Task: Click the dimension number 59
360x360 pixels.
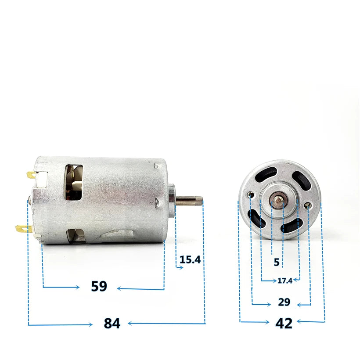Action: pyautogui.click(x=99, y=286)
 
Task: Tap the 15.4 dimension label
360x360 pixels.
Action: pyautogui.click(x=190, y=259)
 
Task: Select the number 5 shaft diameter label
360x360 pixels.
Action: pyautogui.click(x=276, y=263)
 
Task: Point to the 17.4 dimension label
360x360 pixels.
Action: pyautogui.click(x=285, y=280)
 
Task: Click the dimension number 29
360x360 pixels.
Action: pyautogui.click(x=284, y=302)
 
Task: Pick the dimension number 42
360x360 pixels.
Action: pyautogui.click(x=284, y=323)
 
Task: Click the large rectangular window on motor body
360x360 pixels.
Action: pyautogui.click(x=73, y=182)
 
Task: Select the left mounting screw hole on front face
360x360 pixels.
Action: pyautogui.click(x=252, y=195)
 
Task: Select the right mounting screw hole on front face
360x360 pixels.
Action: pyautogui.click(x=310, y=205)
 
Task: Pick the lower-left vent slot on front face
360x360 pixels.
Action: pyautogui.click(x=256, y=219)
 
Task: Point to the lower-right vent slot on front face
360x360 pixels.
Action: pyautogui.click(x=292, y=226)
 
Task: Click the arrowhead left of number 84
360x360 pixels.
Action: pyautogui.click(x=90, y=324)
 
